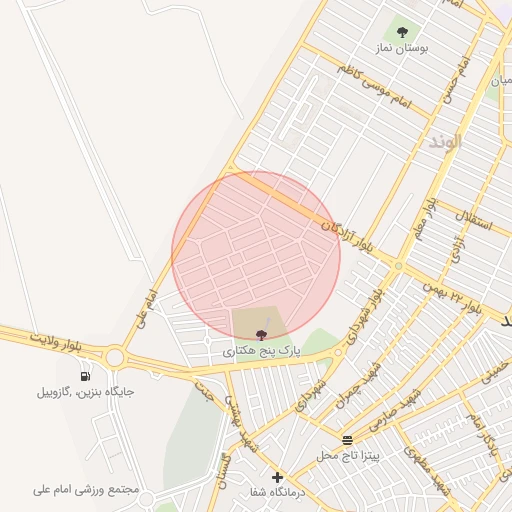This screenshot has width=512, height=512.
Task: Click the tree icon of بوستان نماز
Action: click(x=404, y=32)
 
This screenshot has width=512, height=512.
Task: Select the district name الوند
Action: click(x=445, y=141)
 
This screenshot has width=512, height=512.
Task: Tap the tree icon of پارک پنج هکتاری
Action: click(x=261, y=334)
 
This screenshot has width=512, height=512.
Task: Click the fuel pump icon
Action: click(x=85, y=376)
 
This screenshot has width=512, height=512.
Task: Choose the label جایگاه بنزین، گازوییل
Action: click(x=85, y=392)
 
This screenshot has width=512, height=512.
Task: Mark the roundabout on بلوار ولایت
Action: click(x=114, y=357)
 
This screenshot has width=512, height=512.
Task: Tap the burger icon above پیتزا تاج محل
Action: click(x=347, y=440)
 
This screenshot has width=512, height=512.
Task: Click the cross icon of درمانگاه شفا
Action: click(x=277, y=477)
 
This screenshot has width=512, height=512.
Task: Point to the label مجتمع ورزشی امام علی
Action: click(x=84, y=490)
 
